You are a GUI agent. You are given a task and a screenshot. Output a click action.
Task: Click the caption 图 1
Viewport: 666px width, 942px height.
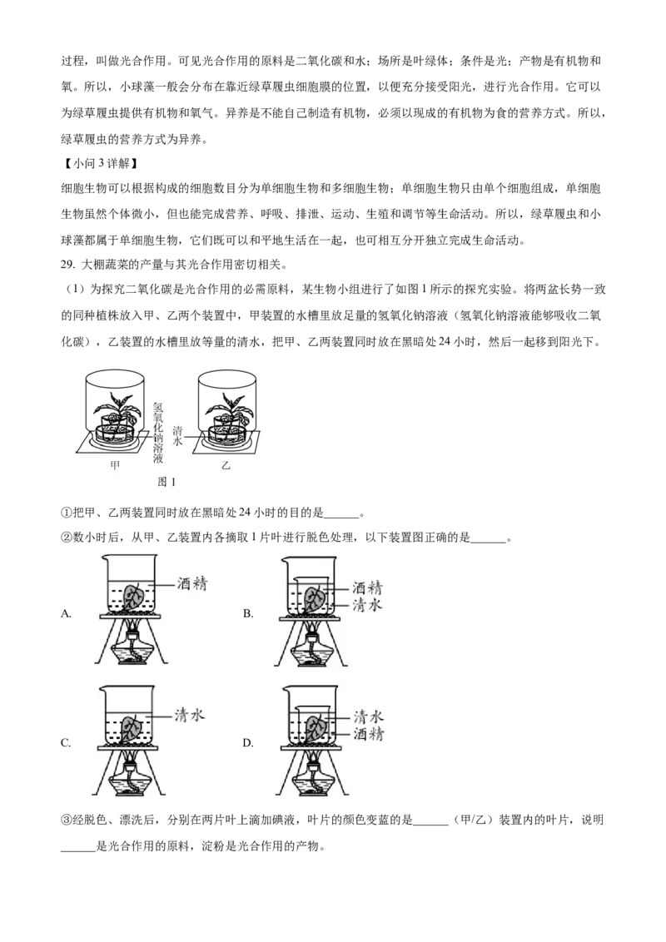click(x=166, y=482)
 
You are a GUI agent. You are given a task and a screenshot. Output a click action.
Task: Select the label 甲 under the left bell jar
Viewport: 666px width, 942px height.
click(x=115, y=465)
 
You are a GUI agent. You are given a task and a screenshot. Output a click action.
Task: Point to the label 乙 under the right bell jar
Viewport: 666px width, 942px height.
click(x=226, y=465)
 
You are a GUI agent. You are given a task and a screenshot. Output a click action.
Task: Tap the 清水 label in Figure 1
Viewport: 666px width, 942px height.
click(x=178, y=435)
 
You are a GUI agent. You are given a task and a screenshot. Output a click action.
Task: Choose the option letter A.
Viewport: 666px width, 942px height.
click(x=66, y=613)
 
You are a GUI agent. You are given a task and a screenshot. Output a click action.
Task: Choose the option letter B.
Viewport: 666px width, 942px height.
click(x=247, y=613)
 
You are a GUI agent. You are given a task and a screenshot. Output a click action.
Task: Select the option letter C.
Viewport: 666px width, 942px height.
click(x=66, y=743)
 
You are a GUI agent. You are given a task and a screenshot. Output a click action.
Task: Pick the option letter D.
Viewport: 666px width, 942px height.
click(x=247, y=743)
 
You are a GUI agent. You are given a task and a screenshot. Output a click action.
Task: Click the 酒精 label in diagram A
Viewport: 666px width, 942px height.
click(x=192, y=583)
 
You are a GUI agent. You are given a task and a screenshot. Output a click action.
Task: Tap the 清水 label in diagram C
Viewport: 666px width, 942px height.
click(x=190, y=715)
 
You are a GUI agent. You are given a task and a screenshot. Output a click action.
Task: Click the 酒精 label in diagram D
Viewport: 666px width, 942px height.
click(x=368, y=733)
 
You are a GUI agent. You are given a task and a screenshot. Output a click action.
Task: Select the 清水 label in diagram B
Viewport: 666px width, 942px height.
click(x=367, y=604)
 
